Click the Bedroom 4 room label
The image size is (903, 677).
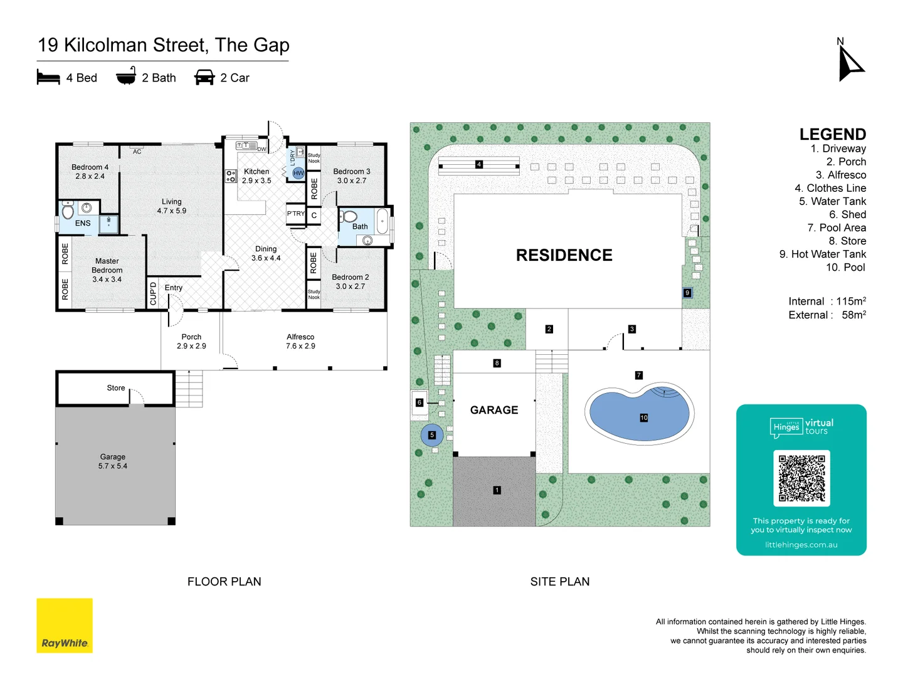[x=90, y=172]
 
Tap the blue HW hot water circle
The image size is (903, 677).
[x=298, y=173]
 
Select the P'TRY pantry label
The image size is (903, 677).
[x=295, y=214]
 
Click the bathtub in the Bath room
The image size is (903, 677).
[x=383, y=221]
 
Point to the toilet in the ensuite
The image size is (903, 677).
[x=68, y=211]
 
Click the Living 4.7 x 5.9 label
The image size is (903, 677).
[x=171, y=206]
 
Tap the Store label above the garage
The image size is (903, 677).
[x=116, y=388]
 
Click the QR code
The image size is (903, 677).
[x=801, y=478]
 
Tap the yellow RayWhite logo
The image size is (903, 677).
[x=65, y=625]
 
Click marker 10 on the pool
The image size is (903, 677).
[x=643, y=417]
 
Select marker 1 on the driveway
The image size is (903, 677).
[x=497, y=490]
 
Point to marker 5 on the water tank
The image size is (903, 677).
[x=431, y=435]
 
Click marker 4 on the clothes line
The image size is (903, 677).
[x=478, y=164]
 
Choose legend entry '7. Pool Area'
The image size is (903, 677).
[x=837, y=228]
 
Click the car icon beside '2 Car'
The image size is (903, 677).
[x=204, y=78]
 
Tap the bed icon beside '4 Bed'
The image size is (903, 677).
[x=48, y=78]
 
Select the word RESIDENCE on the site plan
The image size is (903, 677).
[x=564, y=255]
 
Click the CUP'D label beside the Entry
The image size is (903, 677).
[x=153, y=293]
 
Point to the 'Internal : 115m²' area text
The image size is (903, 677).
[x=826, y=302]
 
